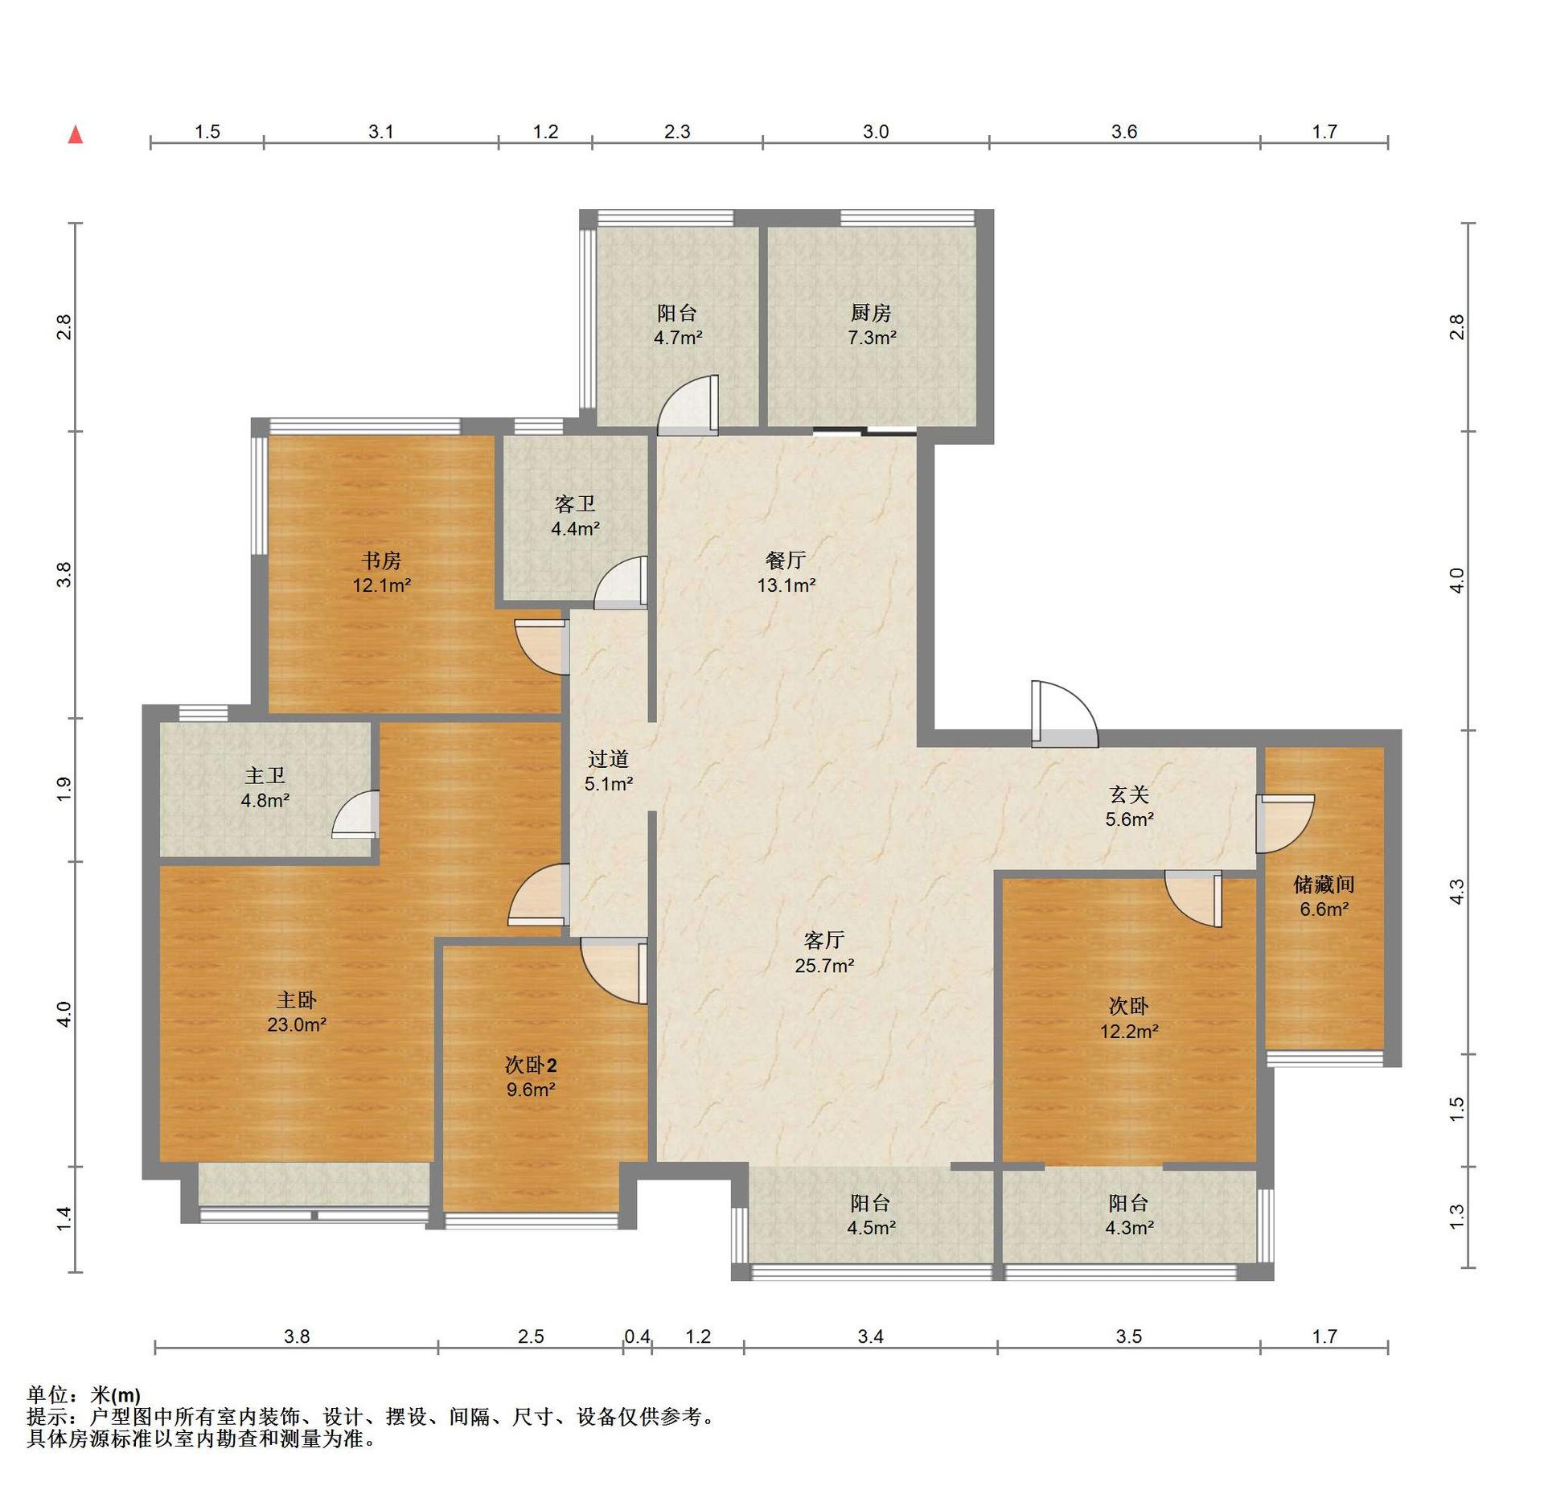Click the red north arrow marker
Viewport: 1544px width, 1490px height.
76,134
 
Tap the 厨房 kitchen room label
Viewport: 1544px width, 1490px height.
871,313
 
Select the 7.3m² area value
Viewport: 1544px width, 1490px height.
872,338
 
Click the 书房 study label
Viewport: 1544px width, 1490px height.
381,560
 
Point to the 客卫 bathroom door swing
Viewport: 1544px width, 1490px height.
621,582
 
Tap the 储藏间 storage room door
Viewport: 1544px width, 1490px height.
1285,823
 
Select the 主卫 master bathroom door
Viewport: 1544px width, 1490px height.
355,815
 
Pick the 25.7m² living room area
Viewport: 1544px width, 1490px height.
824,966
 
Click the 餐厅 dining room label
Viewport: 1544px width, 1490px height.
786,560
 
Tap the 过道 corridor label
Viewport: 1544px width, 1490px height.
608,759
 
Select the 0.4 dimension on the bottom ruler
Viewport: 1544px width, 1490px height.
638,1336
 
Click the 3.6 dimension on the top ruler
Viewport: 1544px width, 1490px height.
1124,132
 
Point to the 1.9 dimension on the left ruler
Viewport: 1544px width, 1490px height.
64,789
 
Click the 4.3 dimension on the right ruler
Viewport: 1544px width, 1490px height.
1457,892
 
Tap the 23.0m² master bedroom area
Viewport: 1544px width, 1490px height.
297,1024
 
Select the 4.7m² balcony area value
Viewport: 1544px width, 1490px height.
678,338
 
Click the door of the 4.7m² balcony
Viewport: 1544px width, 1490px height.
688,405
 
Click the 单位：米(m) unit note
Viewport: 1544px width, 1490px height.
84,1395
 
